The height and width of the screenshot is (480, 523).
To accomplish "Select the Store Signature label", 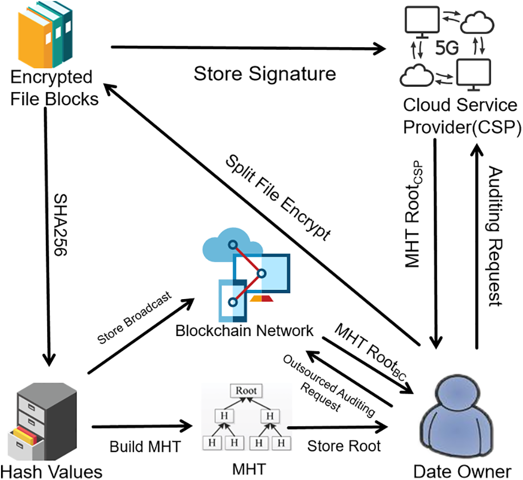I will tap(265, 73).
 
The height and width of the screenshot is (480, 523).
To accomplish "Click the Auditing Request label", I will tap(494, 236).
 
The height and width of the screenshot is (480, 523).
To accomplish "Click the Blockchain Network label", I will tap(244, 330).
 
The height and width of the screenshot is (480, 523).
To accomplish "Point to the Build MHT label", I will tap(145, 446).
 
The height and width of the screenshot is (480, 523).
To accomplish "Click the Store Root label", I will tap(344, 446).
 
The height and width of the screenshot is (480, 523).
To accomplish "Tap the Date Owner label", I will tap(463, 471).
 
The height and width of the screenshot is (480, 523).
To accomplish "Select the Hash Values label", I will tap(51, 471).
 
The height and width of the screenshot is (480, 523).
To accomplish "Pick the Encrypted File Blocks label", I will tap(54, 88).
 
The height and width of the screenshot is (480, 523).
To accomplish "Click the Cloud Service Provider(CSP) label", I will tap(459, 116).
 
